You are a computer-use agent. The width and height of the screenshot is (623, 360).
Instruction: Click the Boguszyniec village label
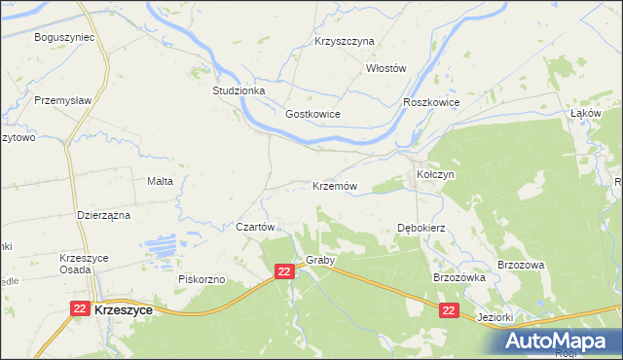click(63, 37)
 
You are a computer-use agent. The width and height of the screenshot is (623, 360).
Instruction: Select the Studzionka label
click(238, 90)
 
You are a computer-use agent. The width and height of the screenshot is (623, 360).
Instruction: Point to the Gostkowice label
click(311, 114)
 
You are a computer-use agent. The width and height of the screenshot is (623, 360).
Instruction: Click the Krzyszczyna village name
click(345, 42)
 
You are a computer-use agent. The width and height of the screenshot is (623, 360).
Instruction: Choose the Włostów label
click(385, 68)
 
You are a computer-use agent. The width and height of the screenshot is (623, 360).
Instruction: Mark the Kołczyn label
click(435, 174)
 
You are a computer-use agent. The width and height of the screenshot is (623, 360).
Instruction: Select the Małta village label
click(160, 181)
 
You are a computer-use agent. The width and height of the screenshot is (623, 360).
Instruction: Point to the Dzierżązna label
click(104, 215)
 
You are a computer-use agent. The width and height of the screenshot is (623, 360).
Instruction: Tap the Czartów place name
click(258, 226)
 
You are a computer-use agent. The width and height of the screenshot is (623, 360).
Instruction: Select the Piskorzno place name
click(202, 279)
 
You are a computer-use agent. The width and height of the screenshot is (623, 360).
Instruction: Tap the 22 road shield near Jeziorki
click(448, 309)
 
